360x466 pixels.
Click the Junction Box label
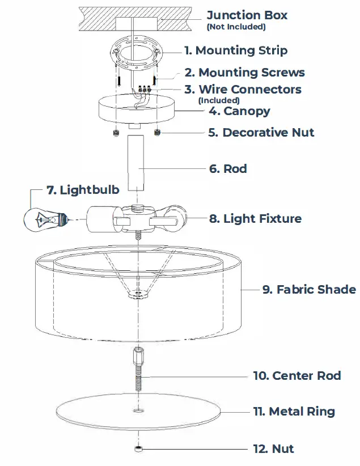click(247, 15)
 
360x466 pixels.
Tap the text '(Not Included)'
click(236, 27)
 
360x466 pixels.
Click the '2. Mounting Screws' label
click(244, 73)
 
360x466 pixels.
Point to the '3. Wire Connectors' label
click(243, 90)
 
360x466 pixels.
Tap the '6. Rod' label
click(228, 169)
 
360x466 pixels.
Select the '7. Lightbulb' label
click(83, 189)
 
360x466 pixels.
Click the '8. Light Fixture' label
click(255, 218)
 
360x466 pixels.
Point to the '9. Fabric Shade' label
click(309, 290)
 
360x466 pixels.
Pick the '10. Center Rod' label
click(297, 376)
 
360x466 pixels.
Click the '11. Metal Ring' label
click(294, 412)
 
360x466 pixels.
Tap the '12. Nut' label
click(273, 449)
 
